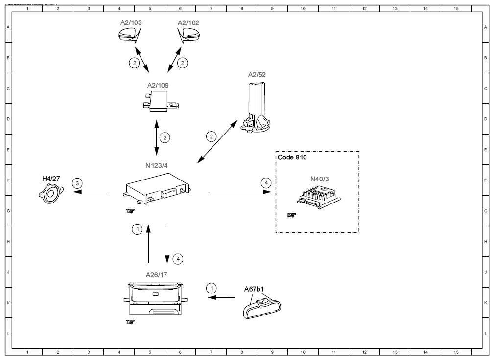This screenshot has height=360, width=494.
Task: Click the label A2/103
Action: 131,22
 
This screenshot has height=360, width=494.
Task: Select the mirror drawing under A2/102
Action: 188,35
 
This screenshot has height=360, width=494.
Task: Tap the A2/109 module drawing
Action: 161,101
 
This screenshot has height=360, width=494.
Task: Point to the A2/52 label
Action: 257,75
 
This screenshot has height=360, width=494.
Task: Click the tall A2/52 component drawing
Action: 256,108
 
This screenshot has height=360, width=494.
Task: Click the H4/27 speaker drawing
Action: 51,194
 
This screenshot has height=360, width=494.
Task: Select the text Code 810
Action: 292,157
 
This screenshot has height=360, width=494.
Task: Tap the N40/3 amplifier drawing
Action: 319,197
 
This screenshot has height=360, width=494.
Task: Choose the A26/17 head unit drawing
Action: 156,298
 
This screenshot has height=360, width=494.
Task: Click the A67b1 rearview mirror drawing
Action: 262,308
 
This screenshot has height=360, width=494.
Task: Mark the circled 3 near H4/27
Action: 77,183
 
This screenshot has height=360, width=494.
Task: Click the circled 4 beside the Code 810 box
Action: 266,183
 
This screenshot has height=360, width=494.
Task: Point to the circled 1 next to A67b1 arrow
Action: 212,288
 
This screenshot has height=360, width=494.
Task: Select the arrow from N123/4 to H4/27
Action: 90,192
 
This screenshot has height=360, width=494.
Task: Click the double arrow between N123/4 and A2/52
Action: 217,142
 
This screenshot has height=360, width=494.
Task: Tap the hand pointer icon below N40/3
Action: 292,215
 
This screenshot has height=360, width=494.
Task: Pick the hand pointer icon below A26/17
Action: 130,322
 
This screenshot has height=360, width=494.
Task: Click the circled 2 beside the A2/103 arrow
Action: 135,63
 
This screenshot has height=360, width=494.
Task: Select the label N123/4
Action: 157,165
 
